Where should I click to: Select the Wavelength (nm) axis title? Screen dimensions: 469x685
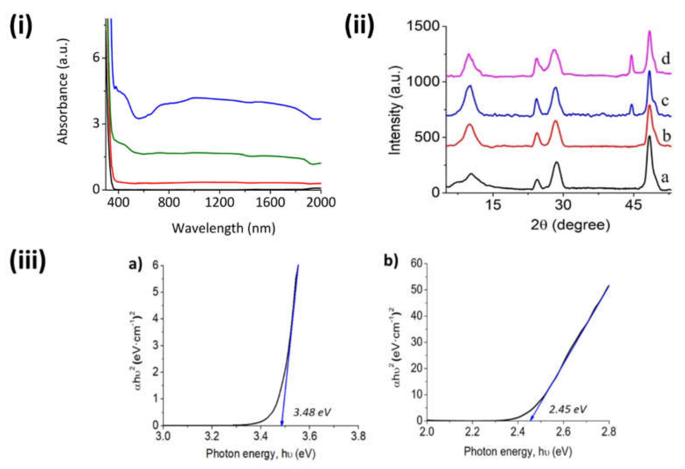[224, 228]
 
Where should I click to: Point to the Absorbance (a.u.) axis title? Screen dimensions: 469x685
[63, 91]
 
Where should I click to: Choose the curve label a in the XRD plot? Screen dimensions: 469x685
[665, 178]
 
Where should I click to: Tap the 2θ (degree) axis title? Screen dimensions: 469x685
[570, 225]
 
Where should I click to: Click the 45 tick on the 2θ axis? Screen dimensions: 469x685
[633, 204]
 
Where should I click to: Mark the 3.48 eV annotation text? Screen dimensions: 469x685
[312, 412]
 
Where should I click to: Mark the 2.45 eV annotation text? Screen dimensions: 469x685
[568, 409]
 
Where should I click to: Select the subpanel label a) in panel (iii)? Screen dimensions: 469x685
[136, 263]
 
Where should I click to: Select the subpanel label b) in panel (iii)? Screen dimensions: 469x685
[391, 261]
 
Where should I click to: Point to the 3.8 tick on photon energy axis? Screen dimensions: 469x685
[358, 436]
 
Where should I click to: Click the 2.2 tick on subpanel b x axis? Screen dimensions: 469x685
[472, 432]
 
